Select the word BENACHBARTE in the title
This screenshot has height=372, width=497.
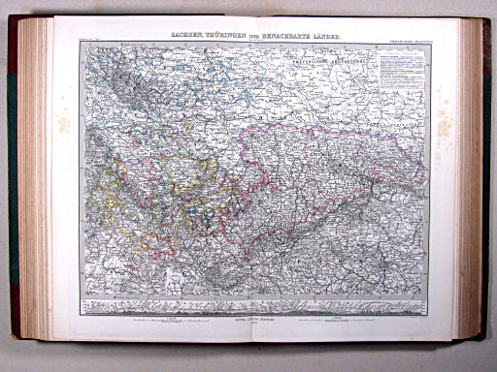point(289,35)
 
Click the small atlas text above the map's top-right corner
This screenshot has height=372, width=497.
point(407,42)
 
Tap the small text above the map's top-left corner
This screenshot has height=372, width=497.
point(97,42)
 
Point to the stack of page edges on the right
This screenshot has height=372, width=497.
point(471,184)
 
